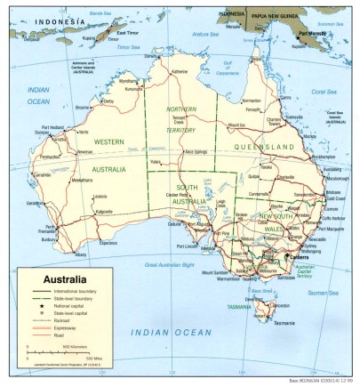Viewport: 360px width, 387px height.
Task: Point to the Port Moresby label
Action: coord(316,33)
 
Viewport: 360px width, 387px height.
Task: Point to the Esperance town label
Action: coord(108,241)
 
